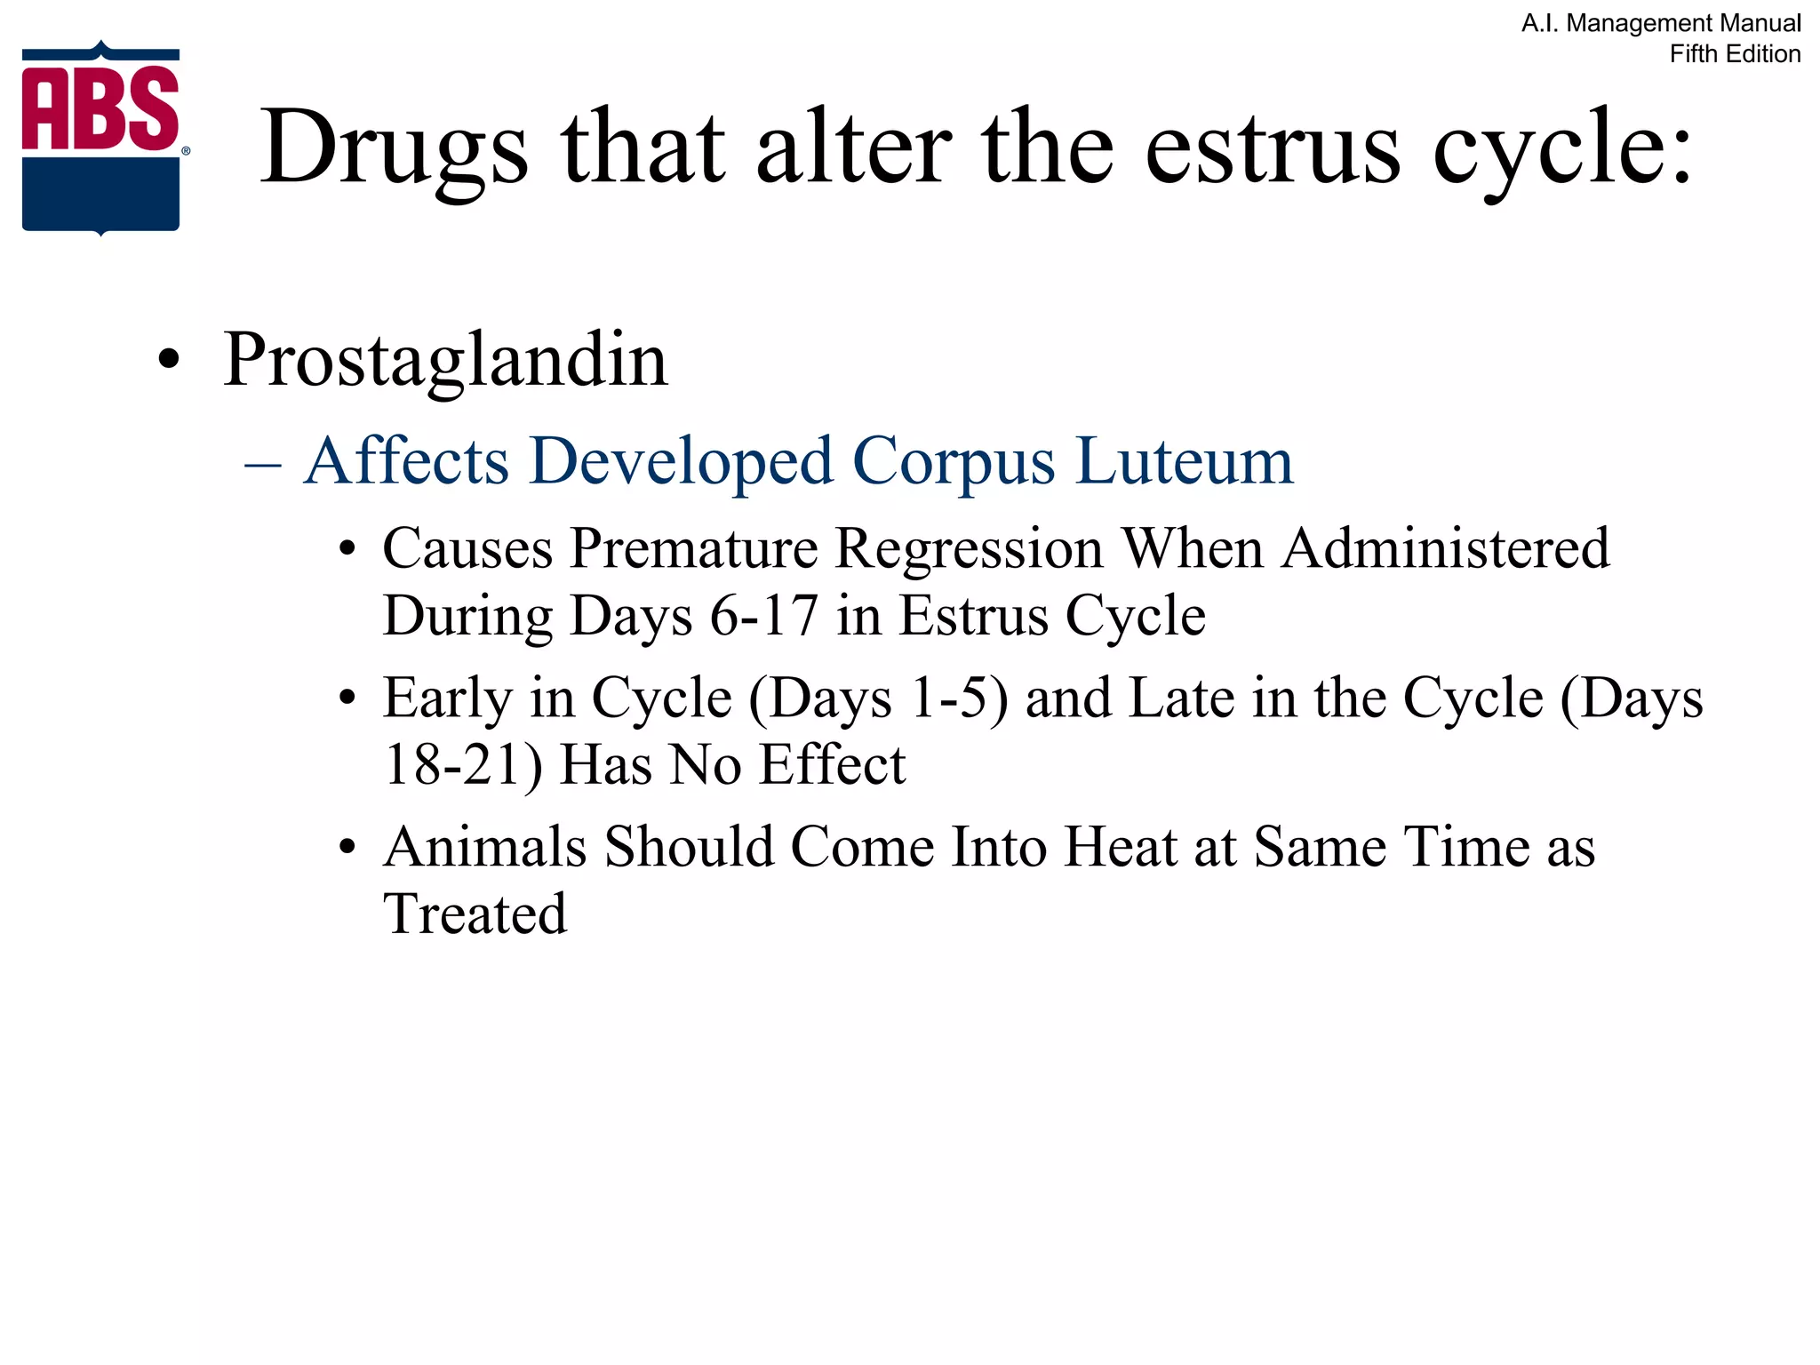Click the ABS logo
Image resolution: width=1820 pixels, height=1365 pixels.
click(101, 139)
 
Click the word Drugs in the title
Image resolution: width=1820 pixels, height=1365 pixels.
click(394, 149)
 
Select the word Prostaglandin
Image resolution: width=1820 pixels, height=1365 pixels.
click(445, 360)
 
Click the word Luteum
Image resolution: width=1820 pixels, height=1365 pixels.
click(1184, 461)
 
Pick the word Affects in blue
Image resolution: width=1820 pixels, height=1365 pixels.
click(406, 461)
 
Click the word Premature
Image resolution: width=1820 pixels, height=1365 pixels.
click(694, 548)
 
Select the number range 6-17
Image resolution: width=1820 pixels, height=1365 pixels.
click(763, 615)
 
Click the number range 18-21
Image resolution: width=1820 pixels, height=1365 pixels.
click(460, 764)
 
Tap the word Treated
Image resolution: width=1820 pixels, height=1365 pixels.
click(475, 914)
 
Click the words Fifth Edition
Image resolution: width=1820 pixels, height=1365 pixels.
click(1735, 54)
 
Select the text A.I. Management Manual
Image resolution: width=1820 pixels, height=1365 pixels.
click(1661, 23)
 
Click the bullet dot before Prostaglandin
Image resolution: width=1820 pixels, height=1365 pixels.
click(168, 361)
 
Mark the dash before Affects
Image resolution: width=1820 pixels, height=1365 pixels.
click(263, 463)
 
